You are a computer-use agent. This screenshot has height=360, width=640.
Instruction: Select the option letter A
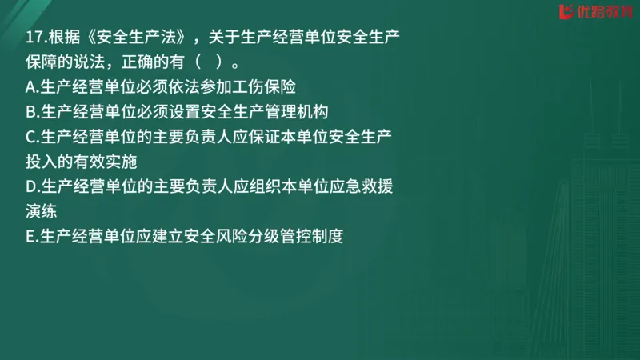30,86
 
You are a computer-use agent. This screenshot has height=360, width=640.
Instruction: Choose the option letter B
30,111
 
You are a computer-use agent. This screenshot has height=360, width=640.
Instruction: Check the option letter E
30,238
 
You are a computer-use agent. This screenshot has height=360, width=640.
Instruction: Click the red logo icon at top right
564,11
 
